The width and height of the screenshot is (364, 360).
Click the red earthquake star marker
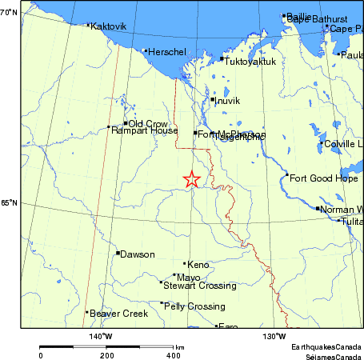coord(191,179)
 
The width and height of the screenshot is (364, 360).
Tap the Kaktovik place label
coord(109,26)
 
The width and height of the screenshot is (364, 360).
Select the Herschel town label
coord(167,52)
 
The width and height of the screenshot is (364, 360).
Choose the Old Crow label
coord(148,123)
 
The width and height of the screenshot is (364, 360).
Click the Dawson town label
coord(138,254)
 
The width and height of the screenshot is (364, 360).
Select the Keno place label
coord(198,264)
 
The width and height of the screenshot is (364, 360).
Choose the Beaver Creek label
coord(119,314)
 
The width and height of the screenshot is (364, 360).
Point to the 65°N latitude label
coord(10,203)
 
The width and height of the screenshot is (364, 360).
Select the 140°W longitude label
coord(100,336)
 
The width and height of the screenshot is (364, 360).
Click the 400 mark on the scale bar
coord(173,354)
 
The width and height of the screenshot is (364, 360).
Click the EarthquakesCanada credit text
coord(326,346)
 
